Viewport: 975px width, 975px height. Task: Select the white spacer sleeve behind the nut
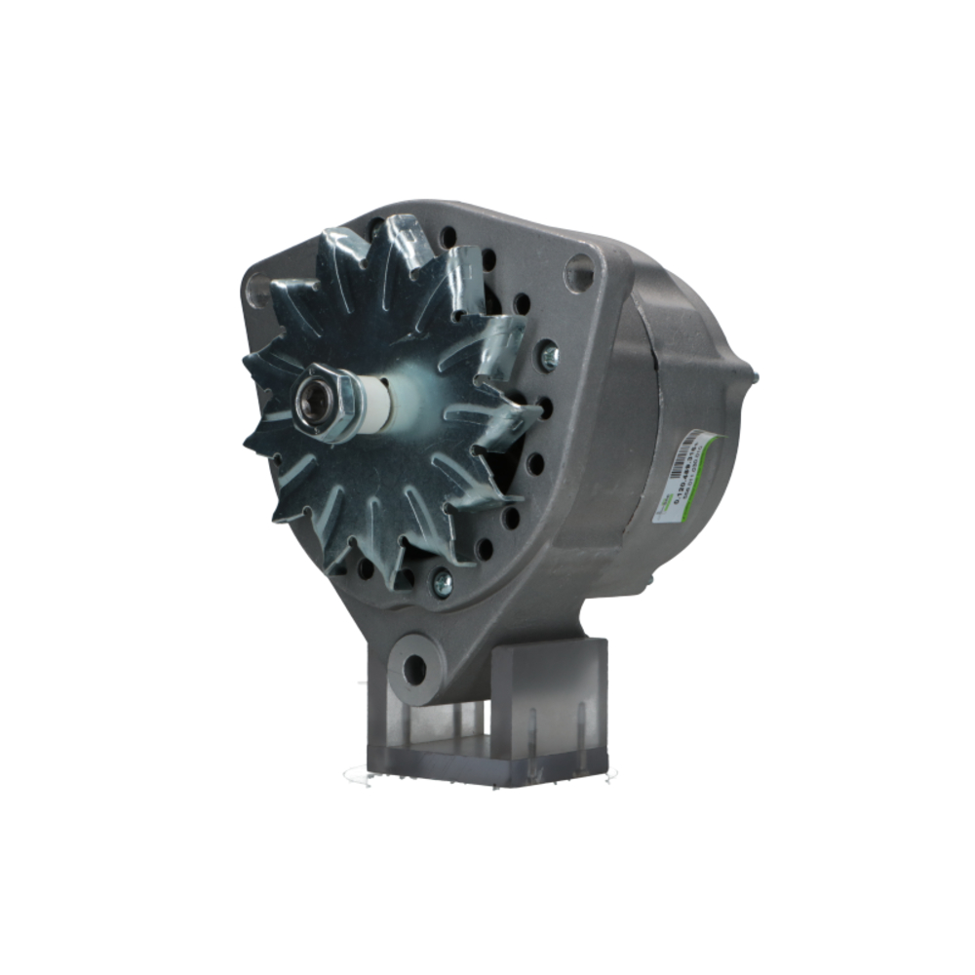click(x=373, y=404)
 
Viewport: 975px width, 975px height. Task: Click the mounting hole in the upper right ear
click(x=578, y=272)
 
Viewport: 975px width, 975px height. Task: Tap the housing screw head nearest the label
click(x=549, y=357)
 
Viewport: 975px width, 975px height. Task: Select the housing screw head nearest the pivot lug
click(x=442, y=582)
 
